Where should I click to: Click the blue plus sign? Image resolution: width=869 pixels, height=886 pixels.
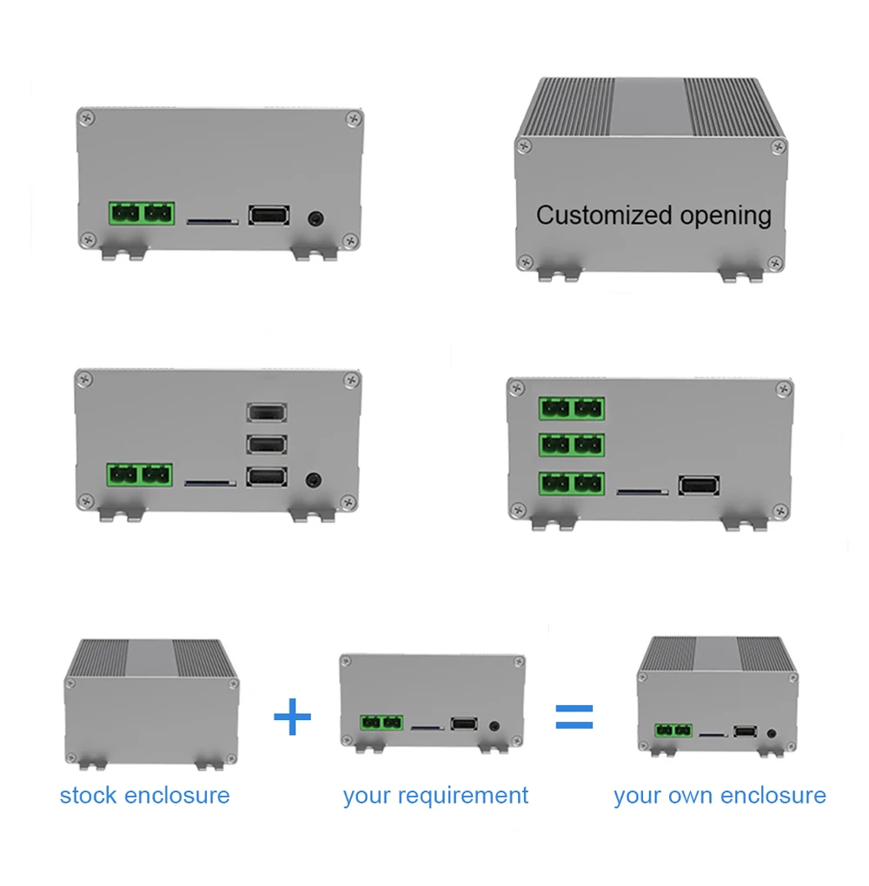pos(292,717)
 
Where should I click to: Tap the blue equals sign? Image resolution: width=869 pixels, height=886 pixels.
pos(574,717)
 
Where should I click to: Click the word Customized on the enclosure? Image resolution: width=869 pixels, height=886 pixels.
pos(604,215)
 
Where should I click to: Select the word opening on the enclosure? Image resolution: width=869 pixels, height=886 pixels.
pos(726,217)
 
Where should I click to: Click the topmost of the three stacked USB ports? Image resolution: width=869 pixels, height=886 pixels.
pos(267,413)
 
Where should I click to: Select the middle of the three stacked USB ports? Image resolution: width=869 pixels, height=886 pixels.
pos(267,445)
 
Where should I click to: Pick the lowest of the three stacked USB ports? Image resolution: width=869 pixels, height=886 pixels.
pos(267,478)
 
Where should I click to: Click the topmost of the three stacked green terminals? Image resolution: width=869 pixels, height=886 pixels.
pos(572,408)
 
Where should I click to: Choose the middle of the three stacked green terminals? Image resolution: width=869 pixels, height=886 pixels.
pos(572,446)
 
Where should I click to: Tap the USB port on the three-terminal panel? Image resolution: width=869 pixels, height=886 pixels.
pos(700,486)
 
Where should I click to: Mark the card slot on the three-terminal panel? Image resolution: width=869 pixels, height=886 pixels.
pos(642,493)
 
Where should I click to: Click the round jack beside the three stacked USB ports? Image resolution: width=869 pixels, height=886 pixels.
pos(314,481)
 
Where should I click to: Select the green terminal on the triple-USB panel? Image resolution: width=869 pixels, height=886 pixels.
pos(140,475)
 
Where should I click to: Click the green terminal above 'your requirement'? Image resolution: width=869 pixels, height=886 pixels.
pos(381,723)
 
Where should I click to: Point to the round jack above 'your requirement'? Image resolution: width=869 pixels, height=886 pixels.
pos(494,726)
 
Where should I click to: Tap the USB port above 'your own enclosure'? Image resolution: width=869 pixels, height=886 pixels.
pos(746,731)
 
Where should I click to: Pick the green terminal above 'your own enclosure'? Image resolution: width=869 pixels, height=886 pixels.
pos(673,731)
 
